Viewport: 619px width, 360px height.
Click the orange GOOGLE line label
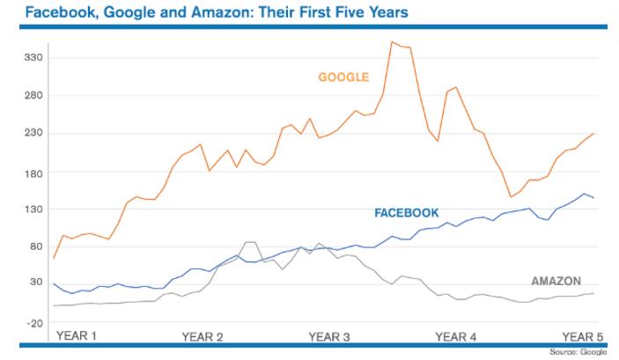(x=343, y=77)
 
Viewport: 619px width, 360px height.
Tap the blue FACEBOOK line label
(x=407, y=213)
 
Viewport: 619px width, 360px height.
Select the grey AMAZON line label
(x=556, y=281)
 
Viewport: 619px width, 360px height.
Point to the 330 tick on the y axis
(x=33, y=58)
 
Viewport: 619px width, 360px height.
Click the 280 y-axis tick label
(x=33, y=95)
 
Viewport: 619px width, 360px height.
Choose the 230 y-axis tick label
(x=33, y=133)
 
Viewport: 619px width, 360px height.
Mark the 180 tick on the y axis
(x=33, y=172)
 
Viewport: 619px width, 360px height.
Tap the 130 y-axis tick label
(x=33, y=209)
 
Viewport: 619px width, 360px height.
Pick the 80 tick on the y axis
(x=36, y=246)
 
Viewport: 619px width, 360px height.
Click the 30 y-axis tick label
(x=36, y=283)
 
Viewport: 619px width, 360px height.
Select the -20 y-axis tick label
(x=34, y=323)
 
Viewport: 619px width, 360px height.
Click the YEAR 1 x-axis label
(x=77, y=335)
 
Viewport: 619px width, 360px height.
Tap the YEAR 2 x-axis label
(x=203, y=336)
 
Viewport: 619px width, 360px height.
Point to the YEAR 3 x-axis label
(x=329, y=336)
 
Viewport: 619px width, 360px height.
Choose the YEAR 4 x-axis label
(x=456, y=336)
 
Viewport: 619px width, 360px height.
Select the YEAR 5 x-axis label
(x=581, y=336)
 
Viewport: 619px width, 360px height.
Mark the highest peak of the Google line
(x=392, y=41)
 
